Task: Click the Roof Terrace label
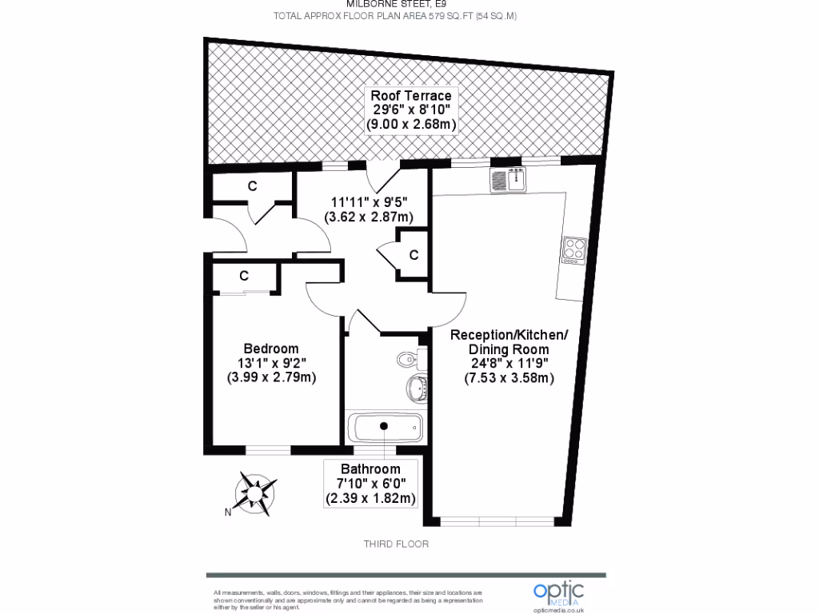pyautogui.click(x=411, y=96)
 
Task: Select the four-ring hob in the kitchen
pyautogui.click(x=574, y=249)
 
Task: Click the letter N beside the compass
pyautogui.click(x=227, y=512)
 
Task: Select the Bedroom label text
pyautogui.click(x=271, y=349)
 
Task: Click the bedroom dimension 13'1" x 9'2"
pyautogui.click(x=271, y=363)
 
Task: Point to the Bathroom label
pyautogui.click(x=370, y=468)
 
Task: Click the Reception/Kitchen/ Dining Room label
pyautogui.click(x=509, y=342)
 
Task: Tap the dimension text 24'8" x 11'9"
pyautogui.click(x=509, y=364)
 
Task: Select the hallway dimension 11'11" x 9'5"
pyautogui.click(x=369, y=202)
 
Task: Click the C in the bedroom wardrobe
pyautogui.click(x=243, y=276)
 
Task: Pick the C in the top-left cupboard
pyautogui.click(x=252, y=186)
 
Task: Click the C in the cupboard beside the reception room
pyautogui.click(x=413, y=255)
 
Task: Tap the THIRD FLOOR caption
pyautogui.click(x=397, y=544)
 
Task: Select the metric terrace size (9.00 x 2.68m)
pyautogui.click(x=411, y=125)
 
